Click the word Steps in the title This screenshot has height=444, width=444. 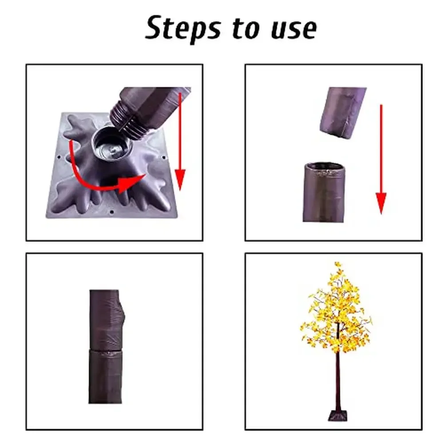(x=183, y=29)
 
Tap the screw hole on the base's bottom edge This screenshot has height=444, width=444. (x=112, y=212)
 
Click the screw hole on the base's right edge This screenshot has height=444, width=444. (x=164, y=158)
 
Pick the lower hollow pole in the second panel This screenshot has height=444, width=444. (x=325, y=193)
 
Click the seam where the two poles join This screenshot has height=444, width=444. (x=105, y=351)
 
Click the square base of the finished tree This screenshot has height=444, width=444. (x=337, y=415)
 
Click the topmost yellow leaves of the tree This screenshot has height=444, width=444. (x=337, y=266)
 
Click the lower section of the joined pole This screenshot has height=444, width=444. (x=105, y=377)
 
